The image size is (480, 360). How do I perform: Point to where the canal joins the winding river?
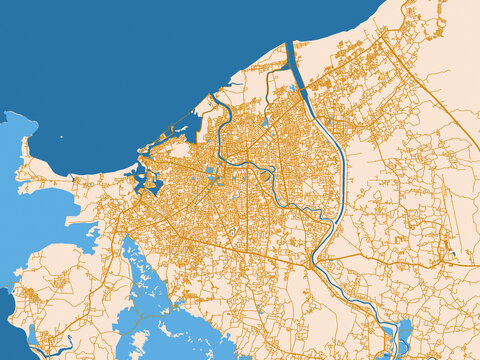[x=318, y=262]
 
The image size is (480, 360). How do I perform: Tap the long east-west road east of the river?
[x=400, y=254]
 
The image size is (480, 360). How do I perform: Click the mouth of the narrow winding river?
[x=213, y=101]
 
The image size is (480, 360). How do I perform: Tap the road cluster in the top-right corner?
[x=440, y=30]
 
